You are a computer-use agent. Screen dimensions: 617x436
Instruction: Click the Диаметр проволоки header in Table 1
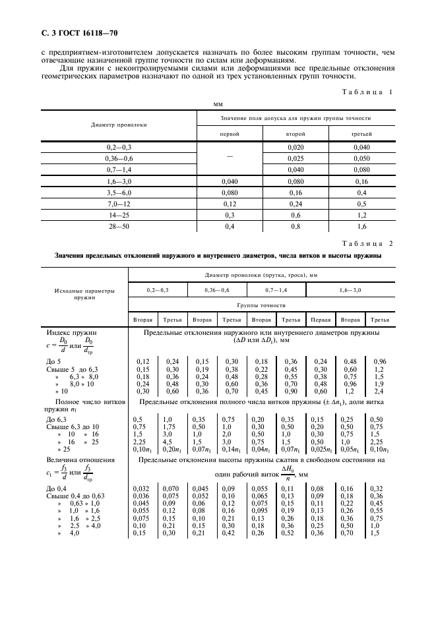[119, 125]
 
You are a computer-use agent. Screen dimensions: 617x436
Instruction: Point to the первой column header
[230, 134]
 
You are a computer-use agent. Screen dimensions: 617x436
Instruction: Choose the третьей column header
[360, 134]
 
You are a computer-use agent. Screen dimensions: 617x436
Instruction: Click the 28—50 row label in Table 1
[119, 227]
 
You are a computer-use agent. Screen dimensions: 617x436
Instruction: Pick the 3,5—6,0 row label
[119, 192]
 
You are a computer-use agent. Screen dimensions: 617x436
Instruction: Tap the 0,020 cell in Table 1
[295, 147]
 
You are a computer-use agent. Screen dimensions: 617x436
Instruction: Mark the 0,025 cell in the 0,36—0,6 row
[295, 158]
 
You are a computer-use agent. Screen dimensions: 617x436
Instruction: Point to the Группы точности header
[263, 305]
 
